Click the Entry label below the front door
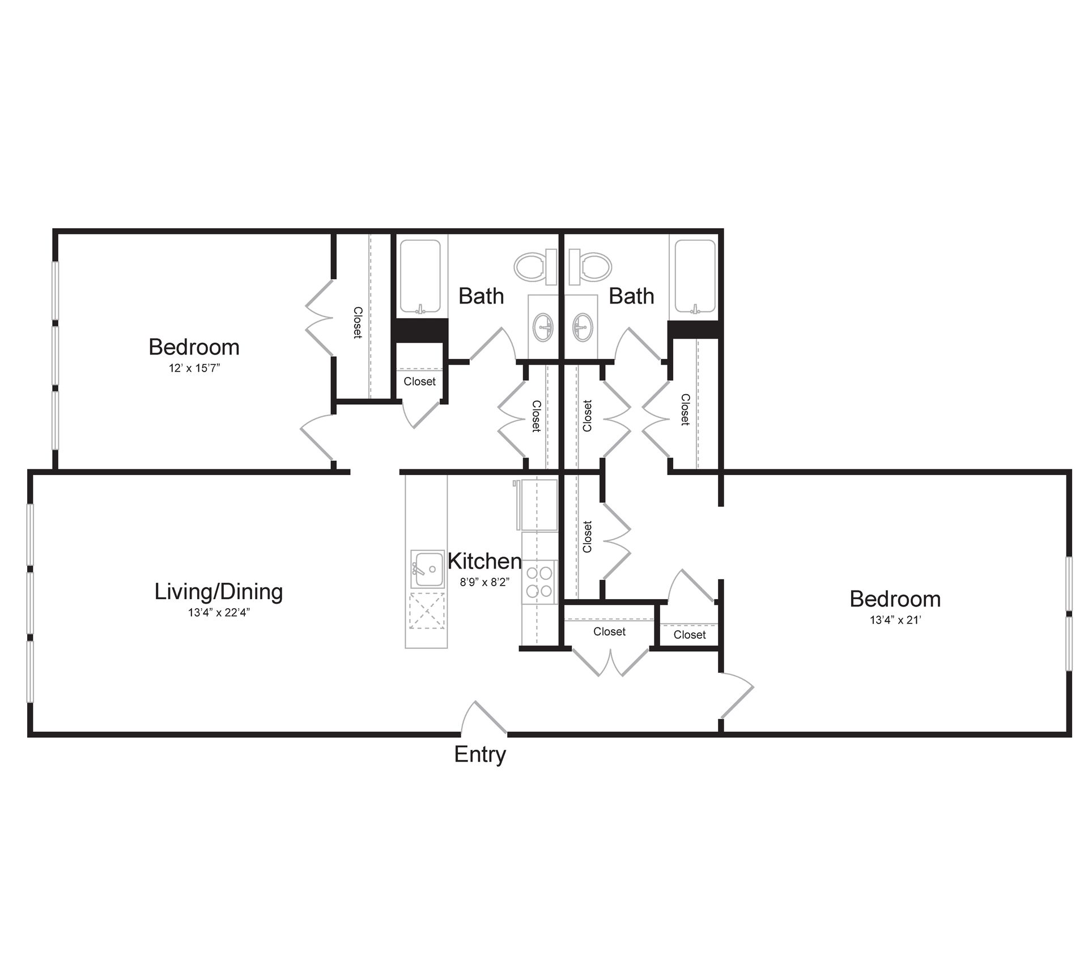point(479,754)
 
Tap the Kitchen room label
point(484,561)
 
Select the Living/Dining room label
point(219,592)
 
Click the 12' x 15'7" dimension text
point(194,368)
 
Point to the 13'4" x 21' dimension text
point(895,620)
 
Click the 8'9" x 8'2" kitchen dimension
point(484,582)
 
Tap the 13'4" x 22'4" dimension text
point(219,613)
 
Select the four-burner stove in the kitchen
point(539,582)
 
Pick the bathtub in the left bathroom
point(420,276)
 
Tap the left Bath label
point(481,296)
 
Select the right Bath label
point(631,296)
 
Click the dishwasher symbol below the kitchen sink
point(426,610)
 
